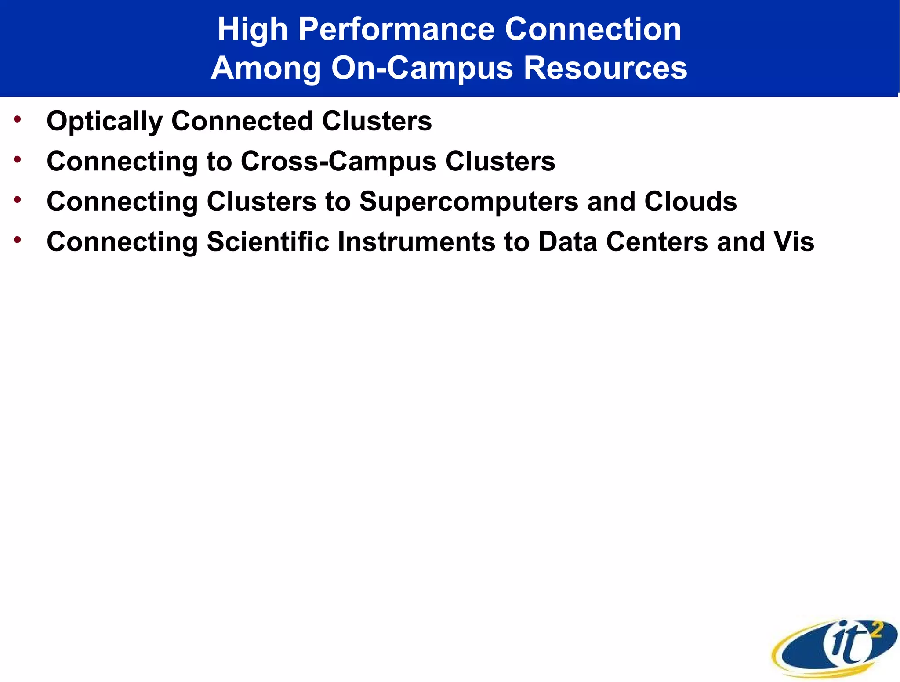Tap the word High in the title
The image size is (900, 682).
point(252,30)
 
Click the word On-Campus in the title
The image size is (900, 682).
point(422,68)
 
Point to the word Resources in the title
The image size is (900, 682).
point(605,68)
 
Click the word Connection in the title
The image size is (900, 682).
point(593,30)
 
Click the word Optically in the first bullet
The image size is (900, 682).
point(104,121)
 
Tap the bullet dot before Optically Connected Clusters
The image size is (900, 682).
point(17,119)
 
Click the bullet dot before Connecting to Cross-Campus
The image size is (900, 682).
point(17,159)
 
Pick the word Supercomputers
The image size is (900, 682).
point(468,202)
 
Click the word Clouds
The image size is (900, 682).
point(690,202)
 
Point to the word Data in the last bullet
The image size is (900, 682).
point(567,242)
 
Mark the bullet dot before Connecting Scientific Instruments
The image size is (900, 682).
point(17,240)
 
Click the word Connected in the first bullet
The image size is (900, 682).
point(242,121)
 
